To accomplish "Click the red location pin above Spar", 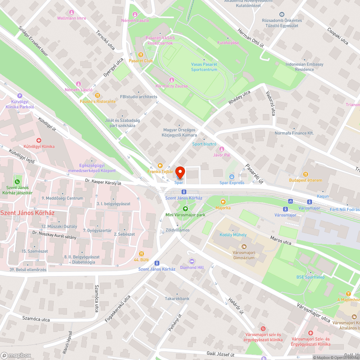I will point(180,172).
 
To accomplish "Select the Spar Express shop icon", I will point(232,177).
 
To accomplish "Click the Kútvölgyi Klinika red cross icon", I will point(39,140).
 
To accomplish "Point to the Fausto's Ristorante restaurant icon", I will point(98,95).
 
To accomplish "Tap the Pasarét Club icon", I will point(141,55).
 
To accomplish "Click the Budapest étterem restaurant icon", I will point(306,174).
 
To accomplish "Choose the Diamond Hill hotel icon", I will point(192,261).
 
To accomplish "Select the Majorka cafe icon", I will point(223,202).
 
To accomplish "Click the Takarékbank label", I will point(177,298).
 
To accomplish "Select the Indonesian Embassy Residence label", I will point(304,67).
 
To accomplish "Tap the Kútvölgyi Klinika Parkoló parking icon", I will point(20,96).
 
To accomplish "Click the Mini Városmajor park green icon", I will point(185,208).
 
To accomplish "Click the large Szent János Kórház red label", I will point(27,213).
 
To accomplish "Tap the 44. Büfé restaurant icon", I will point(141,253).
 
